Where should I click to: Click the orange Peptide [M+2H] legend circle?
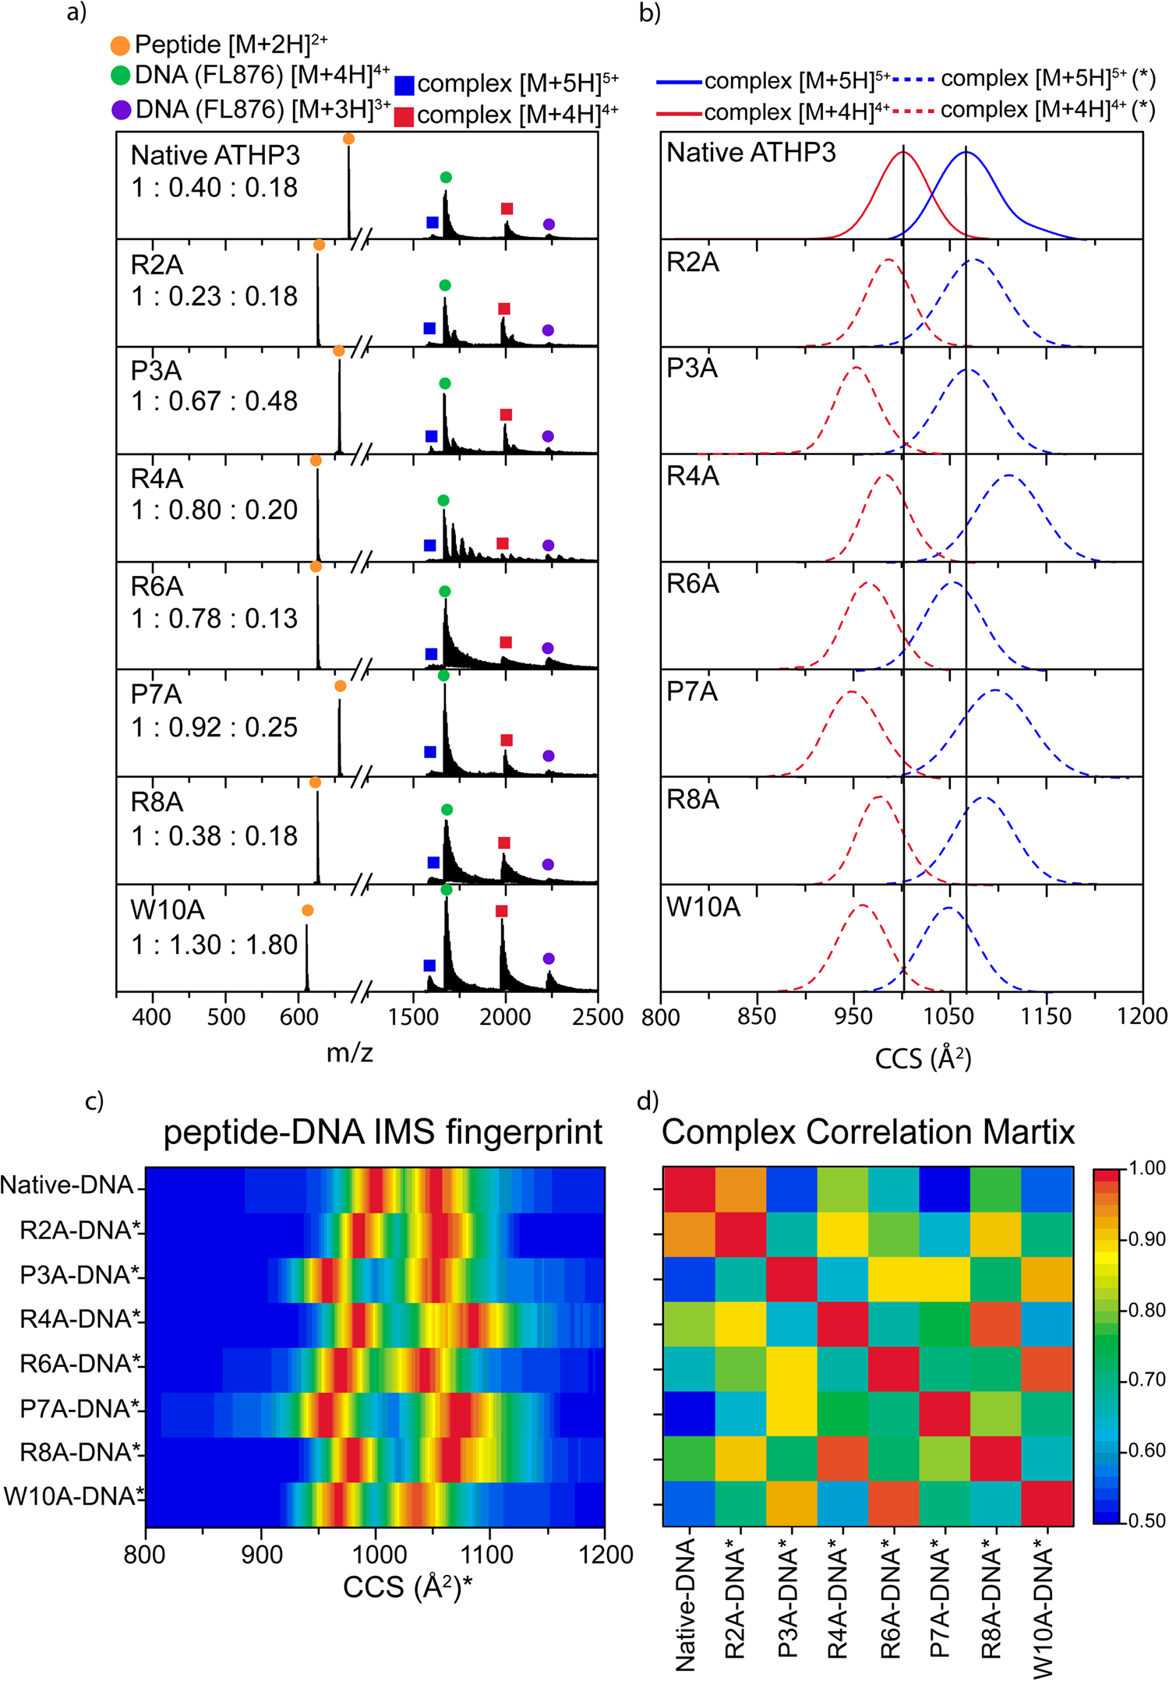(x=120, y=46)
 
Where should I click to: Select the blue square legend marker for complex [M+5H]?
(x=404, y=85)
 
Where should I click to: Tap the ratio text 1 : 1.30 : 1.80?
(x=214, y=945)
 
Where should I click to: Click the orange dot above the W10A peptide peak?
(x=307, y=910)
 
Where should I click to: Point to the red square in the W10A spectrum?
(x=501, y=911)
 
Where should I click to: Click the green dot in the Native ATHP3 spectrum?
(x=445, y=178)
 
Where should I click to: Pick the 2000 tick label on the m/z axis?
(x=505, y=1016)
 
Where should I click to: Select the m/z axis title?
(x=349, y=1053)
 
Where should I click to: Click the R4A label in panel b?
(x=693, y=476)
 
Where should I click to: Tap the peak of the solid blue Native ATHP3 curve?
(x=966, y=153)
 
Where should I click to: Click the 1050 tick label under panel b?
(x=949, y=1016)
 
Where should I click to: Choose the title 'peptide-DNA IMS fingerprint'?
(x=383, y=1132)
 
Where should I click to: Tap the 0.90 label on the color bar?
(x=1146, y=1239)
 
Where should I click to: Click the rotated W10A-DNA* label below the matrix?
(x=1044, y=1613)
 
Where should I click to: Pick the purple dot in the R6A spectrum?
(x=548, y=648)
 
